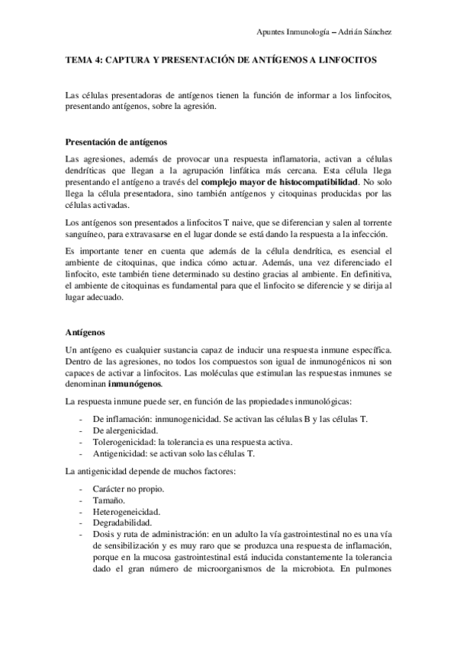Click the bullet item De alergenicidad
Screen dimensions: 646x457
124,430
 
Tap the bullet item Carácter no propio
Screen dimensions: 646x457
130,489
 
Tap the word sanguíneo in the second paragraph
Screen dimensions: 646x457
87,234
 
